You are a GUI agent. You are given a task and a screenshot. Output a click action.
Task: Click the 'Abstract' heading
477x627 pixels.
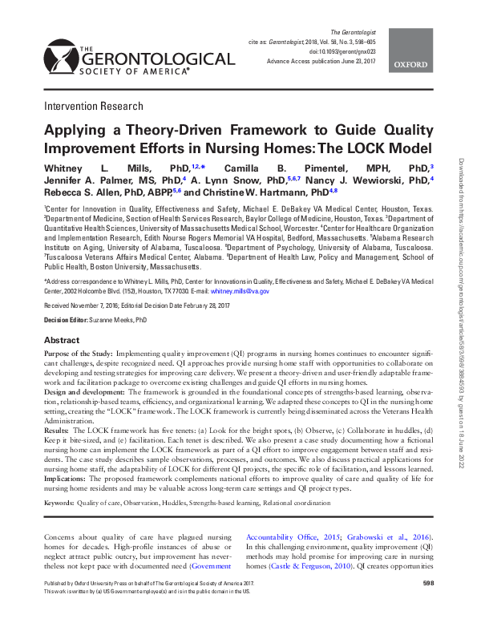[62, 340]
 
